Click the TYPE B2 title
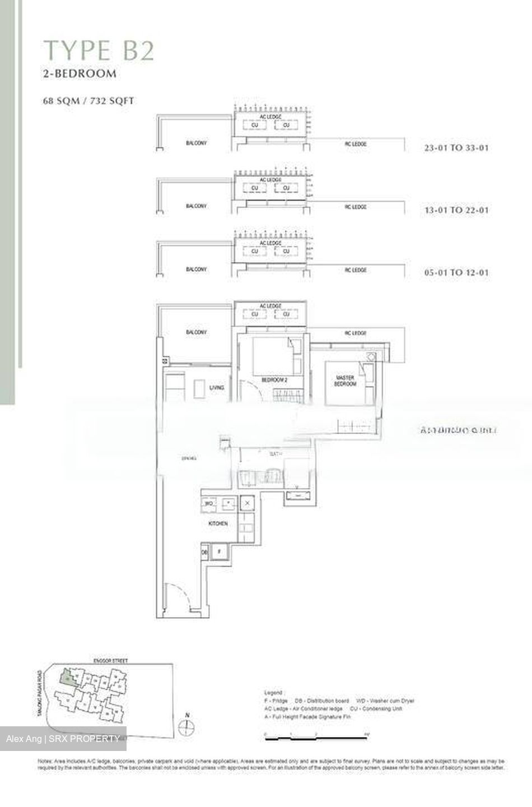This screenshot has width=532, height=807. [99, 51]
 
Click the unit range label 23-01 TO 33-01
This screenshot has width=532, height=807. [456, 148]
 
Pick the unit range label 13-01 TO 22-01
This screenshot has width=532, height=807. [456, 210]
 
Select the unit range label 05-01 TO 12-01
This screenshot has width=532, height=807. [456, 272]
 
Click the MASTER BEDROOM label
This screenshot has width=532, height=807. [345, 381]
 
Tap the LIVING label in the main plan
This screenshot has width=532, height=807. [217, 387]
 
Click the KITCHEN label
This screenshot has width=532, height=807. [218, 523]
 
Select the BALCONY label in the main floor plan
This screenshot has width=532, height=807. [196, 332]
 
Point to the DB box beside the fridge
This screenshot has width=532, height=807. [204, 552]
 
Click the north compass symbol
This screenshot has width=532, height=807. [186, 728]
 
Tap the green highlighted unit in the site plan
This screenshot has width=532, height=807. [67, 678]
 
